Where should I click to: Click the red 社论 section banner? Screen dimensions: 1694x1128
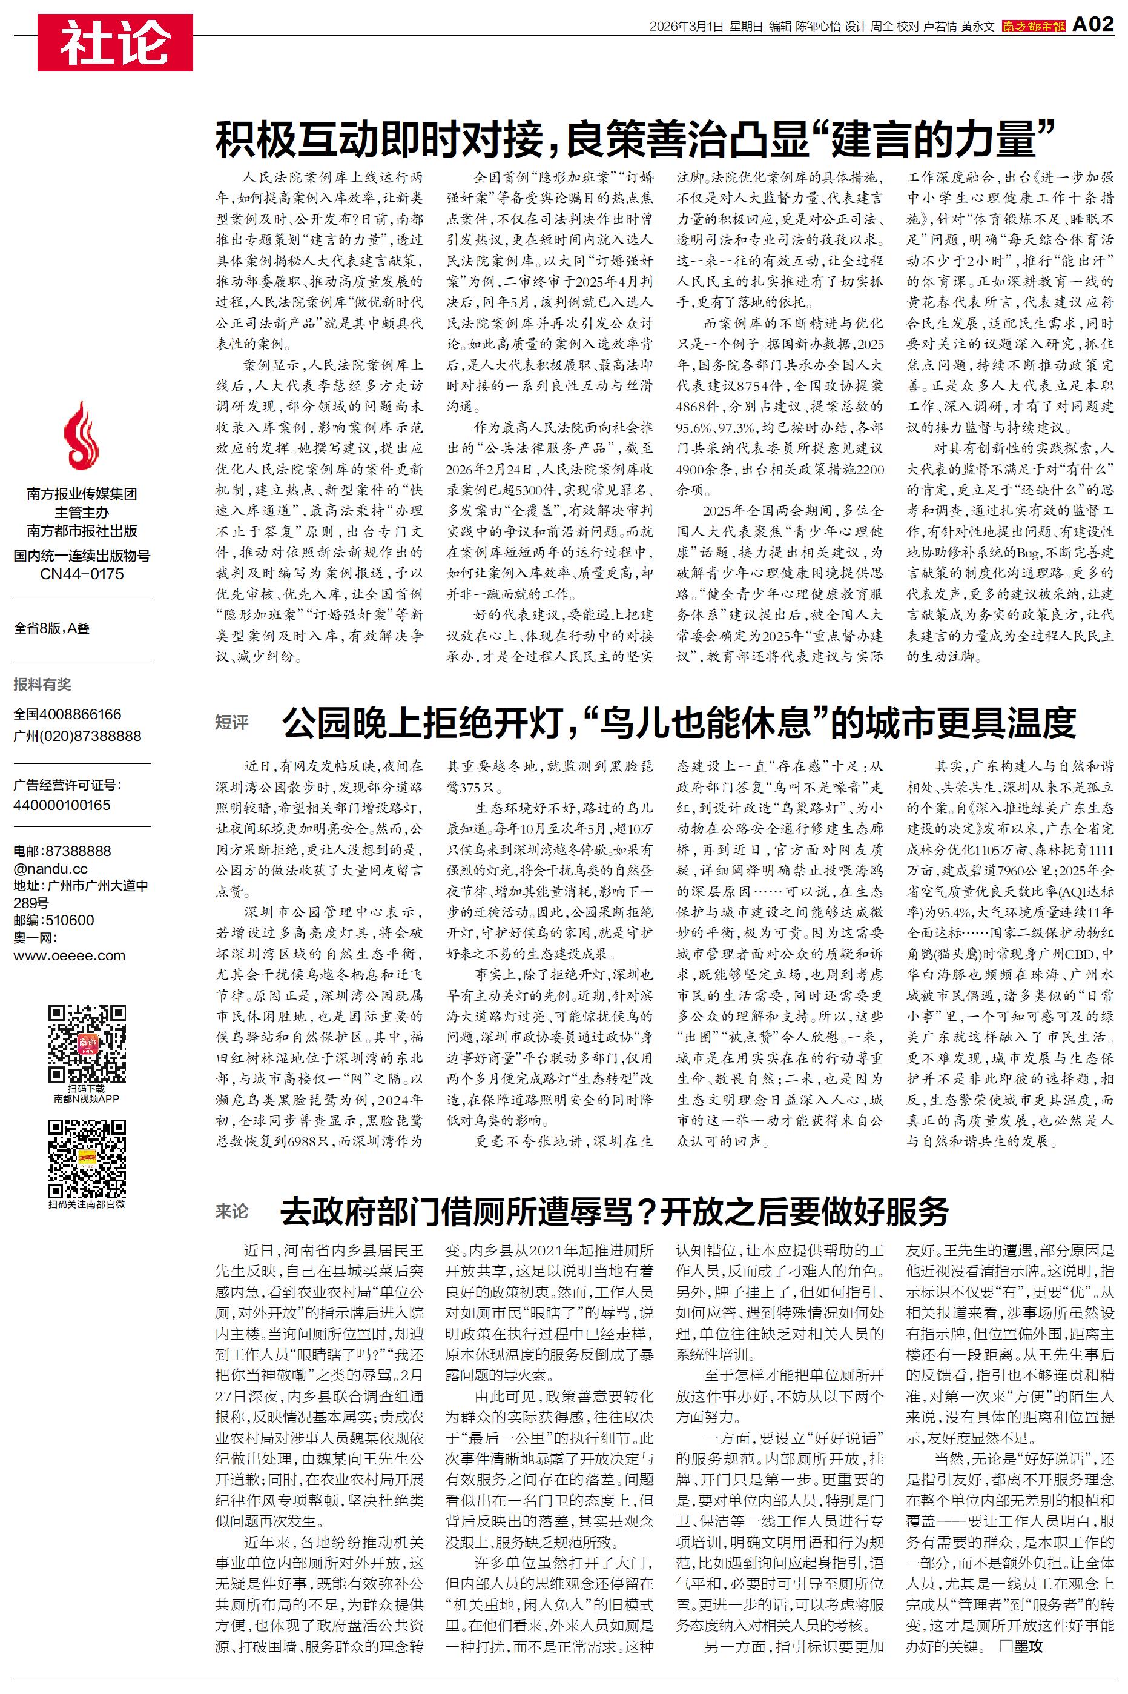point(115,42)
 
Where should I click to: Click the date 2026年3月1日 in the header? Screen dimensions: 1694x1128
point(685,27)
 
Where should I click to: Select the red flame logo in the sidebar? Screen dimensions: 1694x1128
point(81,436)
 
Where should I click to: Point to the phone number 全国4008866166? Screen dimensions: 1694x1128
point(68,714)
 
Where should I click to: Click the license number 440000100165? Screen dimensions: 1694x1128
point(62,805)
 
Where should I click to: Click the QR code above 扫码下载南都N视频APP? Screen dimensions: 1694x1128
point(87,1044)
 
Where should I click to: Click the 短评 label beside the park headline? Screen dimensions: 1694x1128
point(232,722)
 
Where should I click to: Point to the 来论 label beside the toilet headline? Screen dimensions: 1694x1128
point(232,1211)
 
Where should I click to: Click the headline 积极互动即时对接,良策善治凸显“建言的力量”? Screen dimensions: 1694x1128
point(635,139)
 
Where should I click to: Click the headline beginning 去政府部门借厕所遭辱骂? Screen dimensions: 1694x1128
point(615,1212)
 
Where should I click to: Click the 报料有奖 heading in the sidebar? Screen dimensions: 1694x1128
point(42,685)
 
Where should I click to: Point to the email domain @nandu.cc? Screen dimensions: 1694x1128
point(50,869)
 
